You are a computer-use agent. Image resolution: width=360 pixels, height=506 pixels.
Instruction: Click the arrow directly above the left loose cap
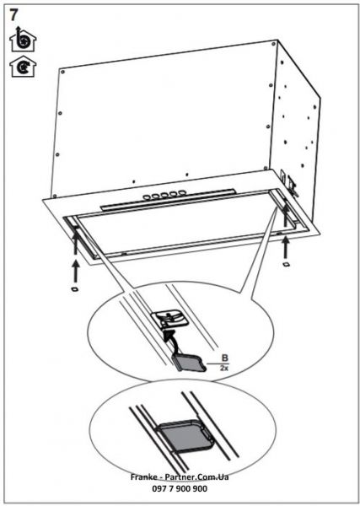[x=74, y=267]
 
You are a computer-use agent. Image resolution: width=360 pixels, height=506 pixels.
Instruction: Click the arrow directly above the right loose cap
[x=286, y=246]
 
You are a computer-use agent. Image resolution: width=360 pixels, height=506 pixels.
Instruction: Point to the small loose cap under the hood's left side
[x=74, y=289]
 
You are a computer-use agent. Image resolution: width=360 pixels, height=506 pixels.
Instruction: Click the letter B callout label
[x=223, y=358]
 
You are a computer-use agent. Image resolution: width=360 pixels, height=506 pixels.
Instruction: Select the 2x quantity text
[x=223, y=369]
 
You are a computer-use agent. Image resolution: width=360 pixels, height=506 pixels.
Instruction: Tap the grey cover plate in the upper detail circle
[x=188, y=363]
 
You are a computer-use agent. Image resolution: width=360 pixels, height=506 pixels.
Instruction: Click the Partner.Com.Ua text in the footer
[x=192, y=477]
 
